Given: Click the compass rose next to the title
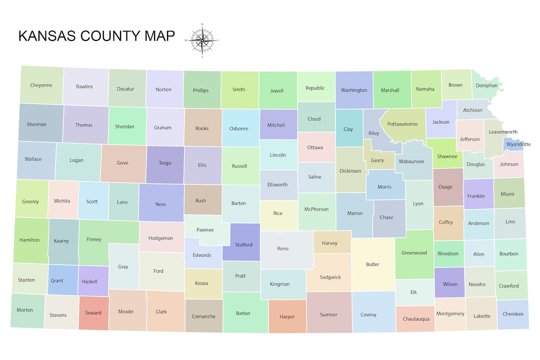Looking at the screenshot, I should coord(202,40).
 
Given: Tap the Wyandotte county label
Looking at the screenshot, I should coord(518,144).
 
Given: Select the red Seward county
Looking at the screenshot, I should coord(93,313).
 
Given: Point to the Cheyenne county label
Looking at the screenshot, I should coord(41,85).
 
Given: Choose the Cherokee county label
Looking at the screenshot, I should coord(512,314).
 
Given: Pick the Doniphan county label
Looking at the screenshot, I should coord(486,85).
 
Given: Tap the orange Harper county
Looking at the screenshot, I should coord(287,316).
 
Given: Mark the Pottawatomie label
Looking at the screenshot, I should coord(402,124).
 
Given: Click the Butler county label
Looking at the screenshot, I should coord(372,264).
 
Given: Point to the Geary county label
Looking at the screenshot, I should coord(377,160).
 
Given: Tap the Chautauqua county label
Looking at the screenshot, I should coord(416,319).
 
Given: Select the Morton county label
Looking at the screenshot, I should coord(25,310).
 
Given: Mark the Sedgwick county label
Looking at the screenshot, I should coord(330,277).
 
